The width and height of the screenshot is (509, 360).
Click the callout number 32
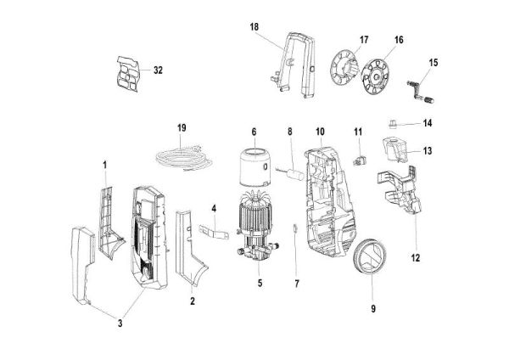[x=158, y=70]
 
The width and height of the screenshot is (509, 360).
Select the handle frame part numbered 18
[x=299, y=63]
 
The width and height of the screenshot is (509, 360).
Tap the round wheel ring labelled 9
[x=369, y=257]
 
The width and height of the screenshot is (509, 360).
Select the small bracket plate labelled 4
[x=213, y=229]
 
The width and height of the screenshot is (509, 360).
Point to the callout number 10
[x=320, y=132]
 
